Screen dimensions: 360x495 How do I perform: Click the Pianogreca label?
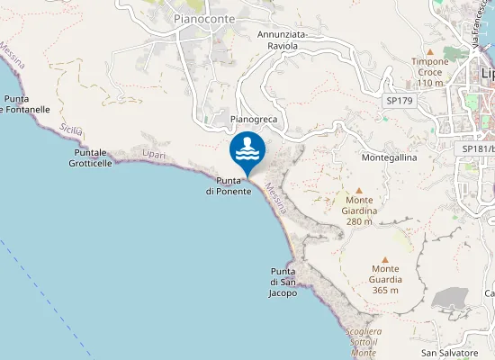(253, 118)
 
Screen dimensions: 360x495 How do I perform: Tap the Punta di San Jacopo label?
(283, 282)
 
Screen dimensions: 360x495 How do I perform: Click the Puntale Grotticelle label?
(93, 157)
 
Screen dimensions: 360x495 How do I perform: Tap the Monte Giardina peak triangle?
(359, 191)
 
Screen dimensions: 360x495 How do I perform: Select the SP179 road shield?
(398, 101)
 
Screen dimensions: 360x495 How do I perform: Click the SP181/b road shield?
(477, 148)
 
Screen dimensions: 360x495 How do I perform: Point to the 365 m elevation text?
(385, 290)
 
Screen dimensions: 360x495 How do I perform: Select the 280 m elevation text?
(359, 221)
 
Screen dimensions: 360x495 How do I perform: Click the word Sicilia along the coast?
(71, 130)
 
